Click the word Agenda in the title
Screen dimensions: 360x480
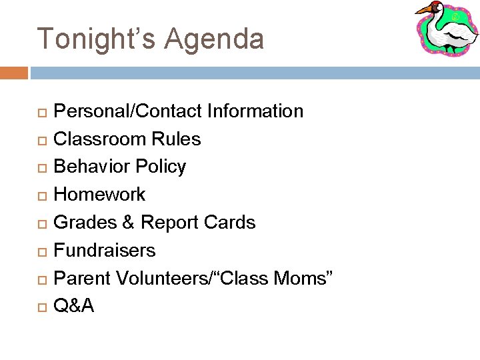coord(214,39)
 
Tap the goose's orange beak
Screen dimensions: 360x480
coord(424,9)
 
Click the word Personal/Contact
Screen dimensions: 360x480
coord(127,111)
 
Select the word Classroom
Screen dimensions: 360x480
coord(100,139)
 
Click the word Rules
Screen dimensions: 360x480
coord(176,139)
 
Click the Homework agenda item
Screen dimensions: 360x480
coord(99,195)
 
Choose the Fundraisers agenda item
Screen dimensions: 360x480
coord(105,251)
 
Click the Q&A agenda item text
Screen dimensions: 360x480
coord(73,306)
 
